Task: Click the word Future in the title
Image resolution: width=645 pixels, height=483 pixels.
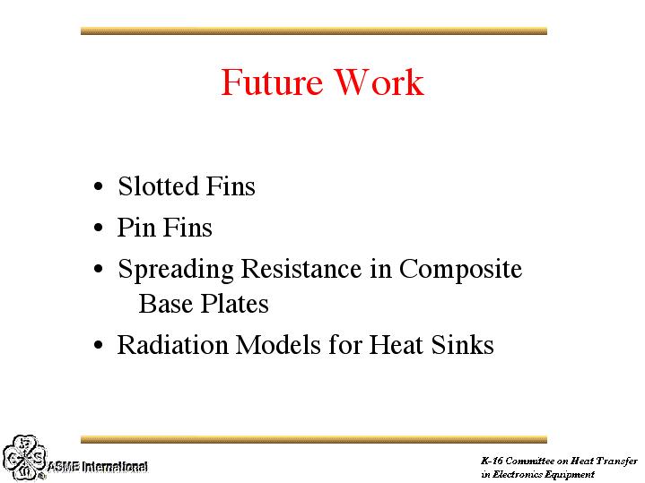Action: pyautogui.click(x=272, y=82)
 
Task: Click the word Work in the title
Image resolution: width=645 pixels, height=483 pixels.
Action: pyautogui.click(x=379, y=82)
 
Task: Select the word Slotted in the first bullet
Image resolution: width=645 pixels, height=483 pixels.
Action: pyautogui.click(x=159, y=185)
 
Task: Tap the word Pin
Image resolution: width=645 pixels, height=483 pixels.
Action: pyautogui.click(x=136, y=227)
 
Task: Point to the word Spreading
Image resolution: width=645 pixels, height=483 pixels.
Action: pyautogui.click(x=176, y=270)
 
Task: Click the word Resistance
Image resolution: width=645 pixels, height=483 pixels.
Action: pyautogui.click(x=301, y=269)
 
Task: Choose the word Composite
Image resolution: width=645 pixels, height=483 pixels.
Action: pyautogui.click(x=461, y=270)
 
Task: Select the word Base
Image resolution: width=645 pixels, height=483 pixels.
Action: pyautogui.click(x=166, y=304)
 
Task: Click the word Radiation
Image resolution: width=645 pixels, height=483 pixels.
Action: pyautogui.click(x=173, y=344)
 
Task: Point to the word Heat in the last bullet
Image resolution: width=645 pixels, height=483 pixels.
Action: pyautogui.click(x=397, y=344)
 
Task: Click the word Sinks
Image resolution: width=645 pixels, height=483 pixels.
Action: pyautogui.click(x=462, y=344)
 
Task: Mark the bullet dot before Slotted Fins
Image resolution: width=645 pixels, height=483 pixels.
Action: pyautogui.click(x=98, y=187)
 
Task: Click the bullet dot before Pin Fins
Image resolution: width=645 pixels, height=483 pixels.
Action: pyautogui.click(x=98, y=228)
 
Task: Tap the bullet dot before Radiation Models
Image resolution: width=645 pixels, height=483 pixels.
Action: pyautogui.click(x=98, y=345)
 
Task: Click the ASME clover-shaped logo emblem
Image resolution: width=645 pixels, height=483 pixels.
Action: pyautogui.click(x=25, y=458)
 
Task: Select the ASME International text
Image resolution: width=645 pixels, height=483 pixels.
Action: pyautogui.click(x=98, y=467)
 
